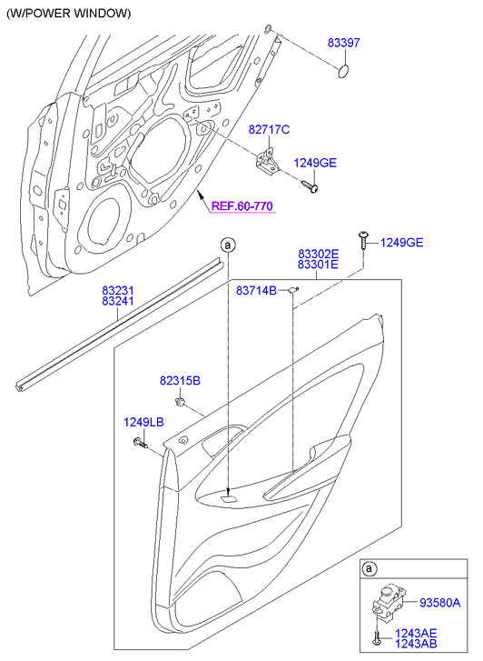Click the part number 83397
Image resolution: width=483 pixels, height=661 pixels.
coord(344,43)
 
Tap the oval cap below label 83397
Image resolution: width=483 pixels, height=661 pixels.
coord(344,71)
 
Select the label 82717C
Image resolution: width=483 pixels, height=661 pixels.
coord(269,129)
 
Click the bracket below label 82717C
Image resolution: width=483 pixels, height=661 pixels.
coord(267,163)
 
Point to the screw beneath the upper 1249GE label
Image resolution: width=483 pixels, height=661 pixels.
coord(310,186)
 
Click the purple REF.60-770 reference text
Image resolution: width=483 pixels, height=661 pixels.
coord(242,206)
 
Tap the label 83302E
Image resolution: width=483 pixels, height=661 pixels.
coord(319,254)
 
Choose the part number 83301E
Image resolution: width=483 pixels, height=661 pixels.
coord(319,265)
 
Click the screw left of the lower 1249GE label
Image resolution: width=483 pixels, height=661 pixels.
coord(363,240)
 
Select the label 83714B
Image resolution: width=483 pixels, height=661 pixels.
coord(256,290)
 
